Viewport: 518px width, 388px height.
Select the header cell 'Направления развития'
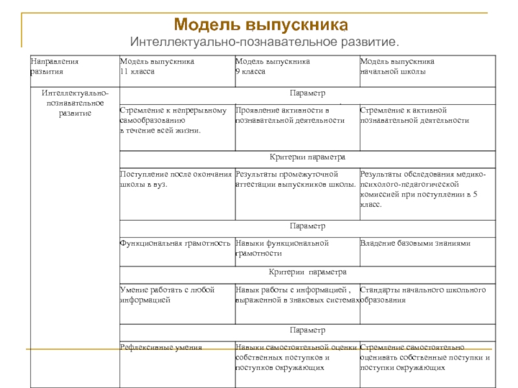[x=54, y=67]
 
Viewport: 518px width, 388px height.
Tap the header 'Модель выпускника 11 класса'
[x=157, y=67]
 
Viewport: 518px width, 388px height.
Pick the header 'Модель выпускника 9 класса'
[x=272, y=67]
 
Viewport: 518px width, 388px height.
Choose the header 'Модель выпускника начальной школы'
[x=397, y=67]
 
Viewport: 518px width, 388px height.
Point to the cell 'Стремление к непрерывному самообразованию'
[x=173, y=120]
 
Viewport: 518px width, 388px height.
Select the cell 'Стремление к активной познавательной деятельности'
[x=414, y=115]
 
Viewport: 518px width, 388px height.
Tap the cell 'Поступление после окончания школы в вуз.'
[x=175, y=179]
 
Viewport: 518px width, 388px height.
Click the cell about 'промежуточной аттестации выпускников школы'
[x=295, y=179]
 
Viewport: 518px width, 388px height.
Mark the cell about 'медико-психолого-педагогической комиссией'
[x=424, y=189]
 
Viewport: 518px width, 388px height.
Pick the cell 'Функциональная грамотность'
[x=175, y=243]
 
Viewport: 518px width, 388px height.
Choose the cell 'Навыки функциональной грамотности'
[x=282, y=248]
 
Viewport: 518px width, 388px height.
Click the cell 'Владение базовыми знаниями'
[x=415, y=243]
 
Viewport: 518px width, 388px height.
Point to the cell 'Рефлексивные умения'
[x=161, y=347]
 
